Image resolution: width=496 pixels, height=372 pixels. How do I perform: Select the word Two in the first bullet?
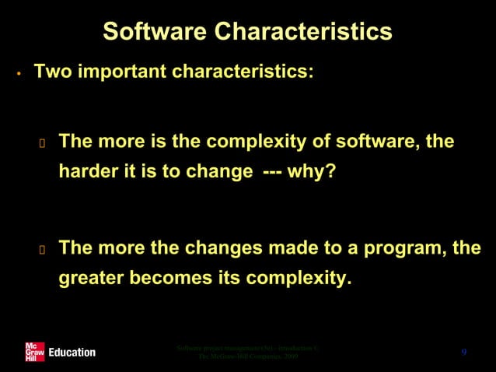click(x=51, y=72)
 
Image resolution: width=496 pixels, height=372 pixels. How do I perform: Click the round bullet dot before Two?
click(x=17, y=75)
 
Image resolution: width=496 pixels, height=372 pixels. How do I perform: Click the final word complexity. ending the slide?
click(x=295, y=277)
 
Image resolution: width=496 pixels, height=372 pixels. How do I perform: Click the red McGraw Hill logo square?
click(x=34, y=352)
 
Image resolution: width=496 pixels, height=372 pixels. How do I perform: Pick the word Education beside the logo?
click(x=72, y=353)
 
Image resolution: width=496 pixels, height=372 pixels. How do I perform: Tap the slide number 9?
click(x=463, y=353)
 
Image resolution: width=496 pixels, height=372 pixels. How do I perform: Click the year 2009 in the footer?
click(x=288, y=357)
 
